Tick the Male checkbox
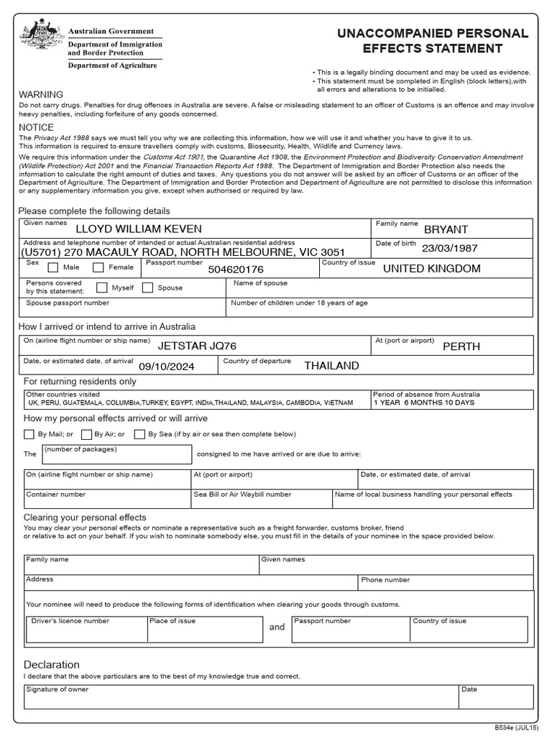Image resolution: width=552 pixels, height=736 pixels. [53, 268]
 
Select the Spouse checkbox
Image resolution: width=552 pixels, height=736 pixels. [147, 288]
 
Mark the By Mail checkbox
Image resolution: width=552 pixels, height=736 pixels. [29, 434]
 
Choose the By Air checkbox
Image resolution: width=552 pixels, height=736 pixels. [86, 434]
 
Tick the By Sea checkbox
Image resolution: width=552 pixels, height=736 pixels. [137, 434]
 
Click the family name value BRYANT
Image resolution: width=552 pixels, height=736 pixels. [446, 230]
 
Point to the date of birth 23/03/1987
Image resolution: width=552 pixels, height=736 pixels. [450, 249]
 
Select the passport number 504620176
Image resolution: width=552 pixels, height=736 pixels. [236, 270]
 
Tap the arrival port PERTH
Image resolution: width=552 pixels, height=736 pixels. [461, 346]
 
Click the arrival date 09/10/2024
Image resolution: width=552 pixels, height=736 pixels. [167, 366]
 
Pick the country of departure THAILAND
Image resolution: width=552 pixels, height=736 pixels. [331, 366]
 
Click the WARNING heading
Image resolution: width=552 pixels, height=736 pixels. [41, 95]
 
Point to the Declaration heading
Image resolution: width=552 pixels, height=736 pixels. [52, 665]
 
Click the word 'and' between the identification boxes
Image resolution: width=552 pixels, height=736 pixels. [277, 627]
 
